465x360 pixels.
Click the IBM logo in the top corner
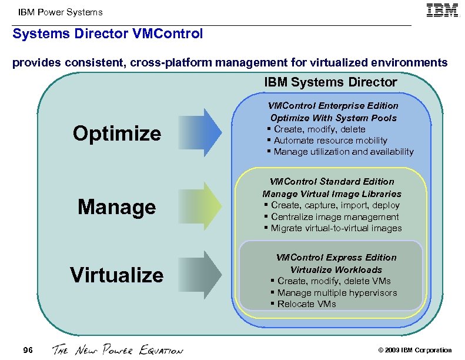coord(442,11)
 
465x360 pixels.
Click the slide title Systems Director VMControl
coord(108,34)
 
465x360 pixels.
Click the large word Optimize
coord(117,134)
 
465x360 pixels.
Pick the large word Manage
coord(117,207)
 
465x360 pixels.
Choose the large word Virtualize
coord(117,275)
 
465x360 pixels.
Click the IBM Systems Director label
coord(330,82)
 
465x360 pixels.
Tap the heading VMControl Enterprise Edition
coord(333,106)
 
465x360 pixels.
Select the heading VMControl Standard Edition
coord(332,182)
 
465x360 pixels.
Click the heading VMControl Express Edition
coord(336,258)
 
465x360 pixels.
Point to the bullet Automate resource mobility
coord(330,141)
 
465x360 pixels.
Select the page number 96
coord(28,351)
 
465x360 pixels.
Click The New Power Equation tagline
coord(118,351)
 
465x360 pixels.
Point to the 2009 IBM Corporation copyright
coord(415,351)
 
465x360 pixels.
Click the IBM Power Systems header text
coord(60,12)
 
